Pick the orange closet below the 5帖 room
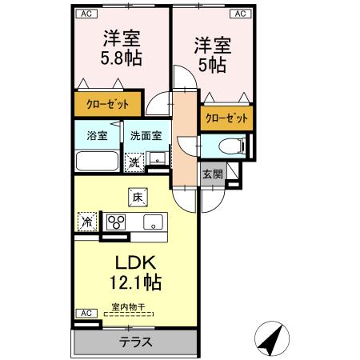(226, 118)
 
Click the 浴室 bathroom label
(97, 136)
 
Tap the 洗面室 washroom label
(146, 136)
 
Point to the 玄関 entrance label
(212, 175)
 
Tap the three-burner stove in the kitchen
(118, 222)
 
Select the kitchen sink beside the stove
(151, 222)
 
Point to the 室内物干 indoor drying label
(128, 306)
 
